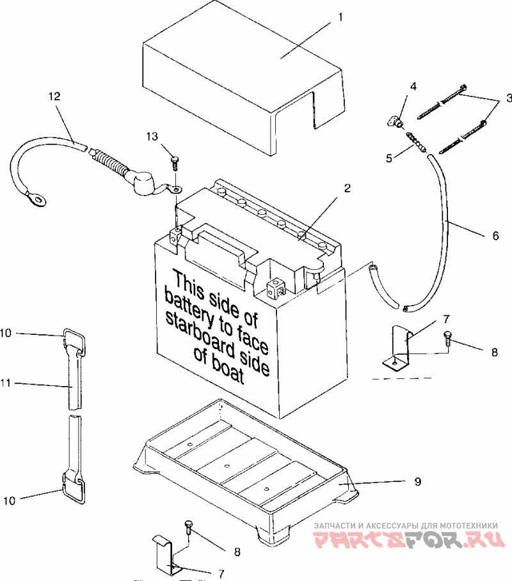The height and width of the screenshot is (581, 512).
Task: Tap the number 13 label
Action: pyautogui.click(x=151, y=136)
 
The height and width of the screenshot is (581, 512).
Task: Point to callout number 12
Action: pyautogui.click(x=54, y=97)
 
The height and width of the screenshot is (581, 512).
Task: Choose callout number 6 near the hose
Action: pyautogui.click(x=495, y=235)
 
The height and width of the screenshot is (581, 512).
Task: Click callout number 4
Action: pyautogui.click(x=413, y=86)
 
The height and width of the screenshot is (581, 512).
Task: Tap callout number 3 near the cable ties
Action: pyautogui.click(x=508, y=98)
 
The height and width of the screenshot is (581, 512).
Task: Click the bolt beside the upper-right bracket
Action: pyautogui.click(x=447, y=338)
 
